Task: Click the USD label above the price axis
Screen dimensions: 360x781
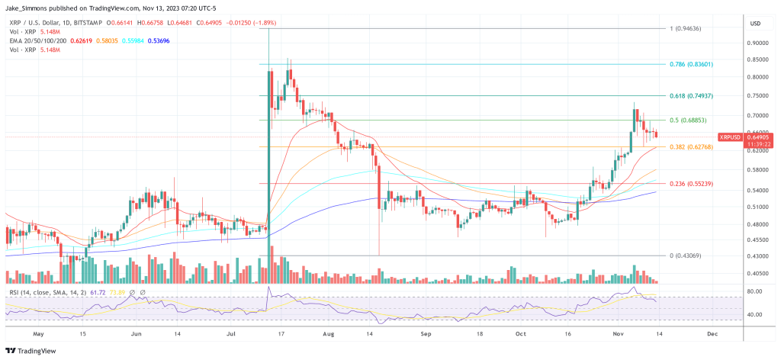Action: [756, 23]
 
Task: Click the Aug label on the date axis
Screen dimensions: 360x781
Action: [329, 333]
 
